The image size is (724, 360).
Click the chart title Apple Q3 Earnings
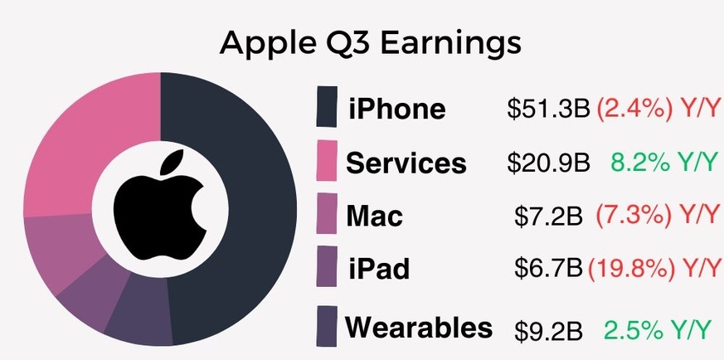pos(371,43)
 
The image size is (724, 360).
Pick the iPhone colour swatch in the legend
pos(327,106)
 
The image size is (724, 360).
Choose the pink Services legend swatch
pos(327,161)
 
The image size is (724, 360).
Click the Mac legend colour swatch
pos(327,213)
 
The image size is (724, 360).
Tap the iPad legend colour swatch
pos(327,266)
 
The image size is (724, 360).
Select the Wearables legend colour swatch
pos(327,326)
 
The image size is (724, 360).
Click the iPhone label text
pos(397,109)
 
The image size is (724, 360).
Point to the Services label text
pos(406,163)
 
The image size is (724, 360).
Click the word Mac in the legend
pos(375,216)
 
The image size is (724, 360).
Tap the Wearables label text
pos(419,327)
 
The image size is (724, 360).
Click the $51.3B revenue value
pos(548,109)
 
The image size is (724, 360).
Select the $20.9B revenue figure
pos(548,163)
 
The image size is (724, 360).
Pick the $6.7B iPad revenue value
pos(548,268)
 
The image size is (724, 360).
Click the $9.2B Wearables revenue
pos(548,330)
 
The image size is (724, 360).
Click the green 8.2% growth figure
pos(640,162)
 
